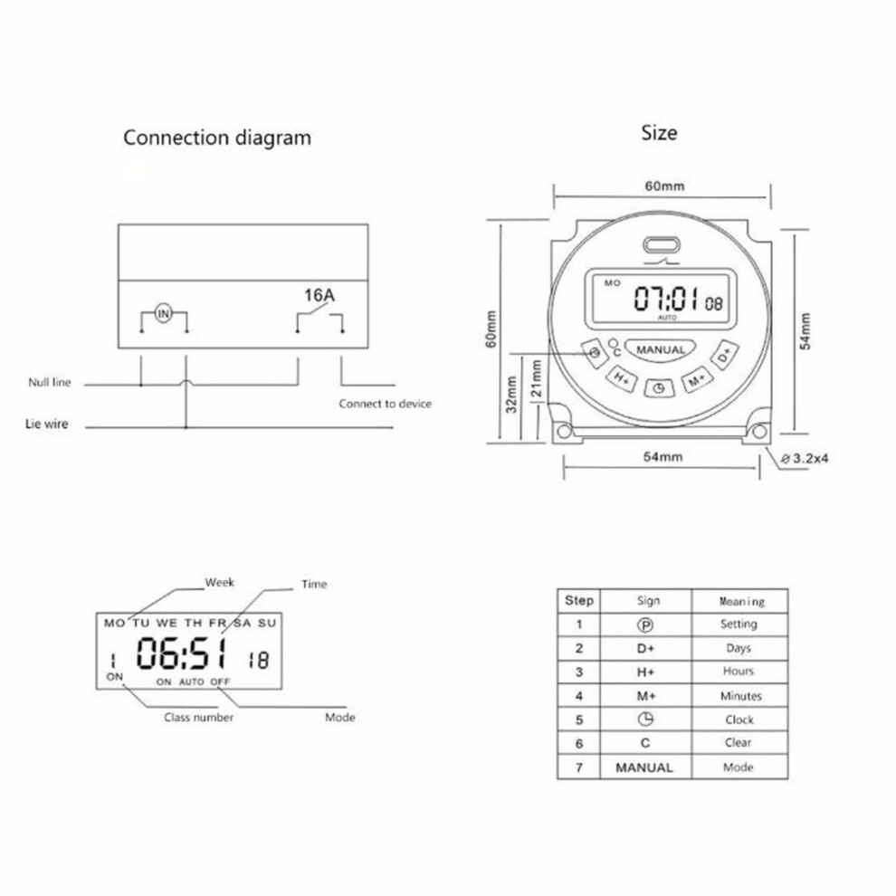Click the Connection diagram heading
pos(217,138)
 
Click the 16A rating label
pos(319,295)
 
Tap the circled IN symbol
pos(164,313)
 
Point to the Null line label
pos(50,382)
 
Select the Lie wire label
pos(47,424)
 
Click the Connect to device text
pos(386,404)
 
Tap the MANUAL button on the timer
pos(660,349)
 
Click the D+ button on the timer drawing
pos(725,355)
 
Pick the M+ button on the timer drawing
pos(697,379)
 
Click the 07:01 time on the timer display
pos(666,298)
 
